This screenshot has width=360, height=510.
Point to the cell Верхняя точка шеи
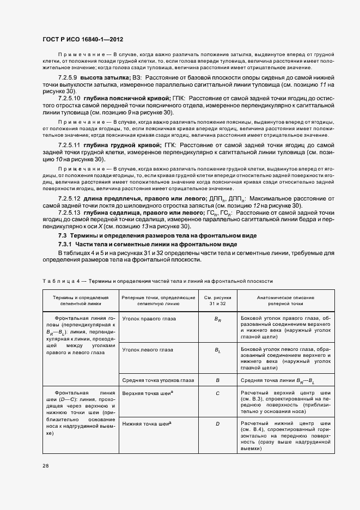[x=144, y=392]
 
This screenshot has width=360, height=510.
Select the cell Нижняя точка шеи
[x=144, y=423]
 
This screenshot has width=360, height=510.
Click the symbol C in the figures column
[x=217, y=393]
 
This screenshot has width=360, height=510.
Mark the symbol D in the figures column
[x=217, y=424]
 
